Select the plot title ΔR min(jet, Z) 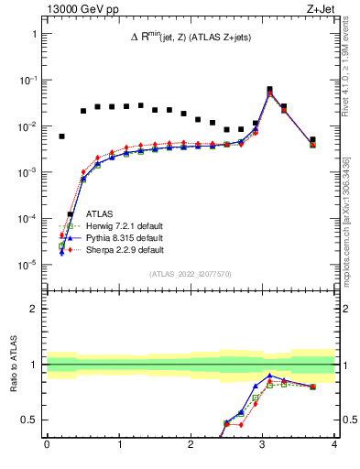click(191, 37)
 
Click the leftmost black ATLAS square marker click(61, 136)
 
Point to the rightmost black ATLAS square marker click(312, 140)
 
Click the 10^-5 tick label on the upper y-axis click(27, 266)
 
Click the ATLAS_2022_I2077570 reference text click(191, 274)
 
